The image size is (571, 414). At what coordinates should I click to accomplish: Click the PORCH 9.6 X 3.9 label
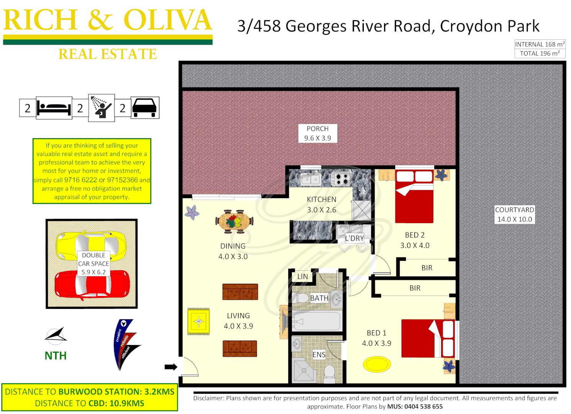pyautogui.click(x=317, y=133)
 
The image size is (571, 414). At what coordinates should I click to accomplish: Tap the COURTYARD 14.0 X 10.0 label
pyautogui.click(x=514, y=215)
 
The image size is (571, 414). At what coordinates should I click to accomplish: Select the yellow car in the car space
pyautogui.click(x=91, y=246)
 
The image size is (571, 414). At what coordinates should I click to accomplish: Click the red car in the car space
pyautogui.click(x=92, y=284)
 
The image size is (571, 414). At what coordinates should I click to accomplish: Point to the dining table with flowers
pyautogui.click(x=234, y=222)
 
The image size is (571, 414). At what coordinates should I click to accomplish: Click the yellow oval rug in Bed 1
pyautogui.click(x=377, y=364)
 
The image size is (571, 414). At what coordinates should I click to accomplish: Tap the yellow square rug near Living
pyautogui.click(x=198, y=321)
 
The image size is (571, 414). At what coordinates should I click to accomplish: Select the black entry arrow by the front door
pyautogui.click(x=171, y=367)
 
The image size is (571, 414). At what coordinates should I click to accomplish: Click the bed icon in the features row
pyautogui.click(x=54, y=108)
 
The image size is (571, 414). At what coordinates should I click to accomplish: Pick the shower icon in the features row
pyautogui.click(x=101, y=108)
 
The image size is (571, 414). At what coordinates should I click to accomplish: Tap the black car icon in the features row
pyautogui.click(x=145, y=108)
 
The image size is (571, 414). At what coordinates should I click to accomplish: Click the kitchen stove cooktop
pyautogui.click(x=341, y=179)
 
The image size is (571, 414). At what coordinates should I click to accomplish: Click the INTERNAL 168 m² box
pyautogui.click(x=540, y=44)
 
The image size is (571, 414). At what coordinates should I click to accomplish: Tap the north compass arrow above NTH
pyautogui.click(x=56, y=335)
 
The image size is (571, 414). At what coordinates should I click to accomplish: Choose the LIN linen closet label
pyautogui.click(x=303, y=276)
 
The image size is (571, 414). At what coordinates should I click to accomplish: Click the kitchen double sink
pyautogui.click(x=311, y=179)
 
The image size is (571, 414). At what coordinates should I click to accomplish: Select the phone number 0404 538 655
pyautogui.click(x=423, y=406)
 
